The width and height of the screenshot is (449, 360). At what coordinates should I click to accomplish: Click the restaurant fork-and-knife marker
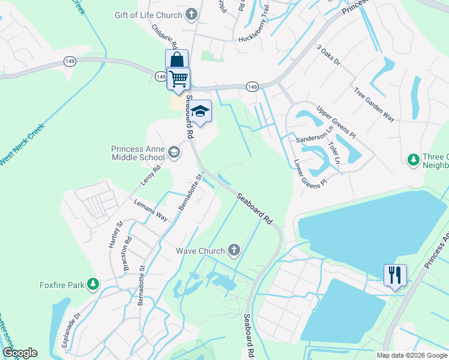point(395,275)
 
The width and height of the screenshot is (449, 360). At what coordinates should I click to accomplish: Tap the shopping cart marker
point(178,79)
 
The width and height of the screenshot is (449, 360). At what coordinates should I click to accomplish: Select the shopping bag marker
point(177,60)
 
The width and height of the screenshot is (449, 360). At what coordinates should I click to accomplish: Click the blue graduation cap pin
point(201,110)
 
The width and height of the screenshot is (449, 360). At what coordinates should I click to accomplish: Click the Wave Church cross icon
point(234,250)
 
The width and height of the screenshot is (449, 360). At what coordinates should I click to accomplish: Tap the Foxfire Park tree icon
point(92,284)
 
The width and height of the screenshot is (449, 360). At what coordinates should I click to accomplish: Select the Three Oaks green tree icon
point(413,160)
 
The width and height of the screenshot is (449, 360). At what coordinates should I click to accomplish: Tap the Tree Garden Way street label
point(375,105)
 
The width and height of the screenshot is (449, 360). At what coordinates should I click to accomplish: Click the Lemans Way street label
point(151,211)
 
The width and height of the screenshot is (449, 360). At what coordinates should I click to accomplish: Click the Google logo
point(19,353)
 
